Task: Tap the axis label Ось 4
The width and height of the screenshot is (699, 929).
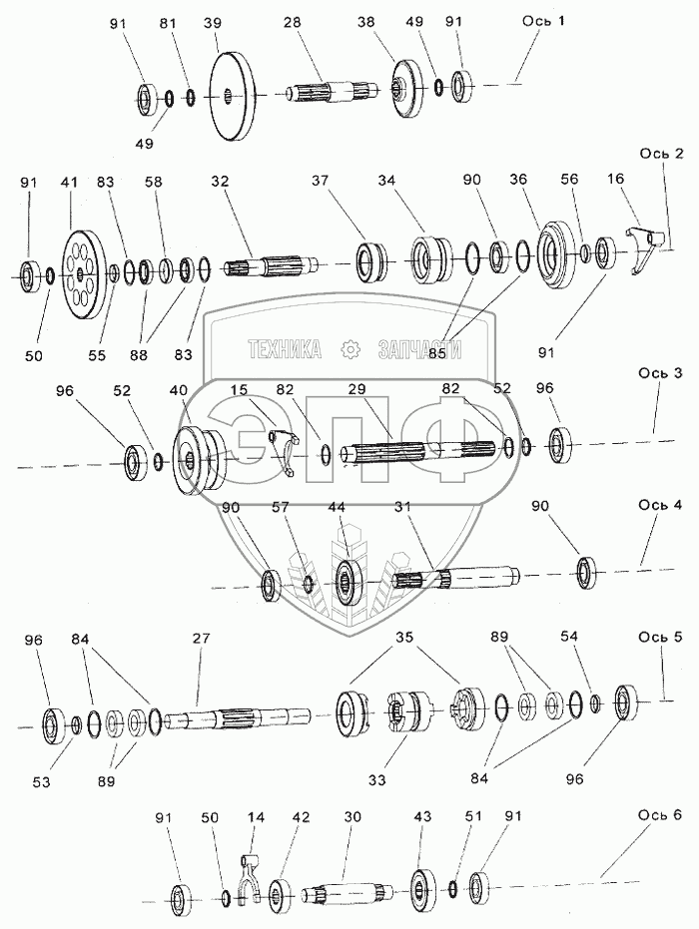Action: [660, 505]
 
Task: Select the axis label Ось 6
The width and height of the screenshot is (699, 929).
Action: [660, 815]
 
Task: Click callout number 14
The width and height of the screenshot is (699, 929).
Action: [256, 816]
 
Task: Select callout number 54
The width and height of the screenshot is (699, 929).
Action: [597, 636]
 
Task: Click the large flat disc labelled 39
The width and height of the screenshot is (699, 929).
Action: [231, 96]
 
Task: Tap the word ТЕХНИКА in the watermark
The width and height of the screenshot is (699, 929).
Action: [285, 349]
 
